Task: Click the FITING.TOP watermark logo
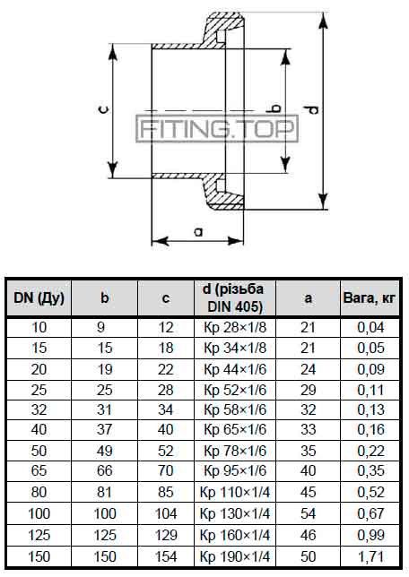coord(217,128)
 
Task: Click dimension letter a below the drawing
coord(198,232)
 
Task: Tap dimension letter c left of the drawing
coord(105,109)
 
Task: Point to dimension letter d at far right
coord(312,109)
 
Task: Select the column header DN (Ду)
coord(39,297)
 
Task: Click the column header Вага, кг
coord(369,297)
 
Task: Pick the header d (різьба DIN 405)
coord(235,297)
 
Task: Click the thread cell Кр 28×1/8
coord(235,327)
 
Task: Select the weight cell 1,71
coord(370,556)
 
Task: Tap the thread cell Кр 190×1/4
coord(235,556)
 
